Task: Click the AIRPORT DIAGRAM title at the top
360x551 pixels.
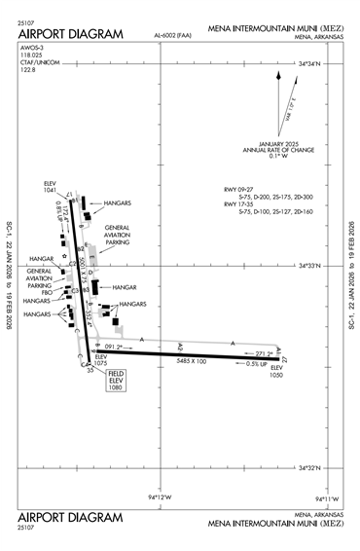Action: pos(71,34)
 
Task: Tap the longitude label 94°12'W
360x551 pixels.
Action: pos(160,498)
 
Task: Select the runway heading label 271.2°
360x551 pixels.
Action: pos(265,353)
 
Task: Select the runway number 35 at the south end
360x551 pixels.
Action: pos(90,370)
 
